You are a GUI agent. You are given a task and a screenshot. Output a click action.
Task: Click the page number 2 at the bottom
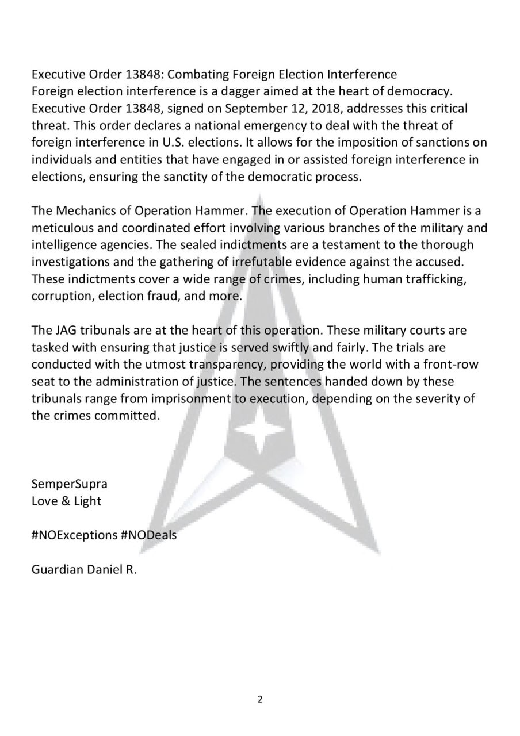260,699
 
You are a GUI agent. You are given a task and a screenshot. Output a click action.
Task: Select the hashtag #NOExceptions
74,535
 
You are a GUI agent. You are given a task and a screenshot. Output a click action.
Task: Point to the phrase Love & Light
66,501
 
